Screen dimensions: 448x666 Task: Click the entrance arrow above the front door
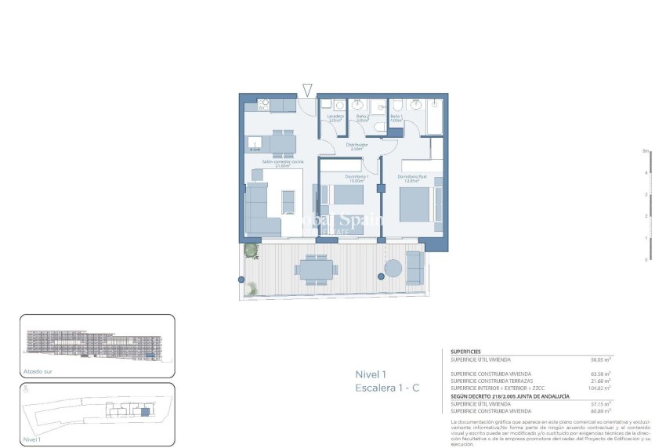[x=307, y=90]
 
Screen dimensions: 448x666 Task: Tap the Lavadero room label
[x=335, y=118]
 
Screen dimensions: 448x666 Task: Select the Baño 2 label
[x=362, y=118]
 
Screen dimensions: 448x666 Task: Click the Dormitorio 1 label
[x=359, y=179]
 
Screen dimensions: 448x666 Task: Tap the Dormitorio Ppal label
[x=411, y=178]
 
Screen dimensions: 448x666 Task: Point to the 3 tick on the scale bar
[x=646, y=193]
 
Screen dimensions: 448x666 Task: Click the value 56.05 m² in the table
[x=600, y=359]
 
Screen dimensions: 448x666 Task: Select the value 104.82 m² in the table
[x=599, y=388]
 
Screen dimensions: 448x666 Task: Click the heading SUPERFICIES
[x=466, y=352]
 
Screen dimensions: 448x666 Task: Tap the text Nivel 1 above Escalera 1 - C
[x=372, y=374]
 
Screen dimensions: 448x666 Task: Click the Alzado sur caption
[x=35, y=372]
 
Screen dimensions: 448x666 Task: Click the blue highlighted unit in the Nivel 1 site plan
[x=144, y=412]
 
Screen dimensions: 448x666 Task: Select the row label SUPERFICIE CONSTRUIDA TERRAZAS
[x=490, y=381]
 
